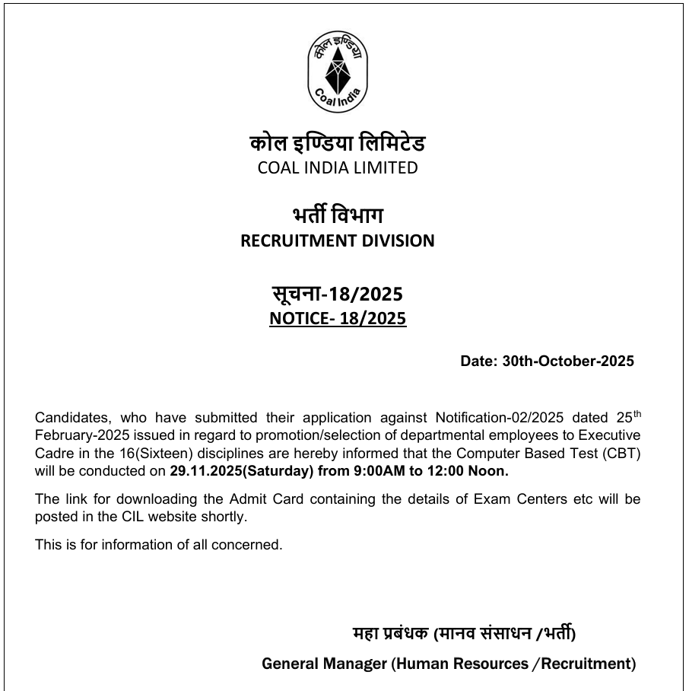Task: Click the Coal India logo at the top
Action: (337, 73)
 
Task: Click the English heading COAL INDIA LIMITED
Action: (338, 167)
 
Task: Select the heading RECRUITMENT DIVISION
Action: (338, 240)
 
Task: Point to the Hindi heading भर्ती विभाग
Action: (338, 215)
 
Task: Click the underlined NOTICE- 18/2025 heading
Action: (338, 318)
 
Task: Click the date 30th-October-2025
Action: (567, 361)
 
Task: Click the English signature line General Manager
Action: (324, 664)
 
